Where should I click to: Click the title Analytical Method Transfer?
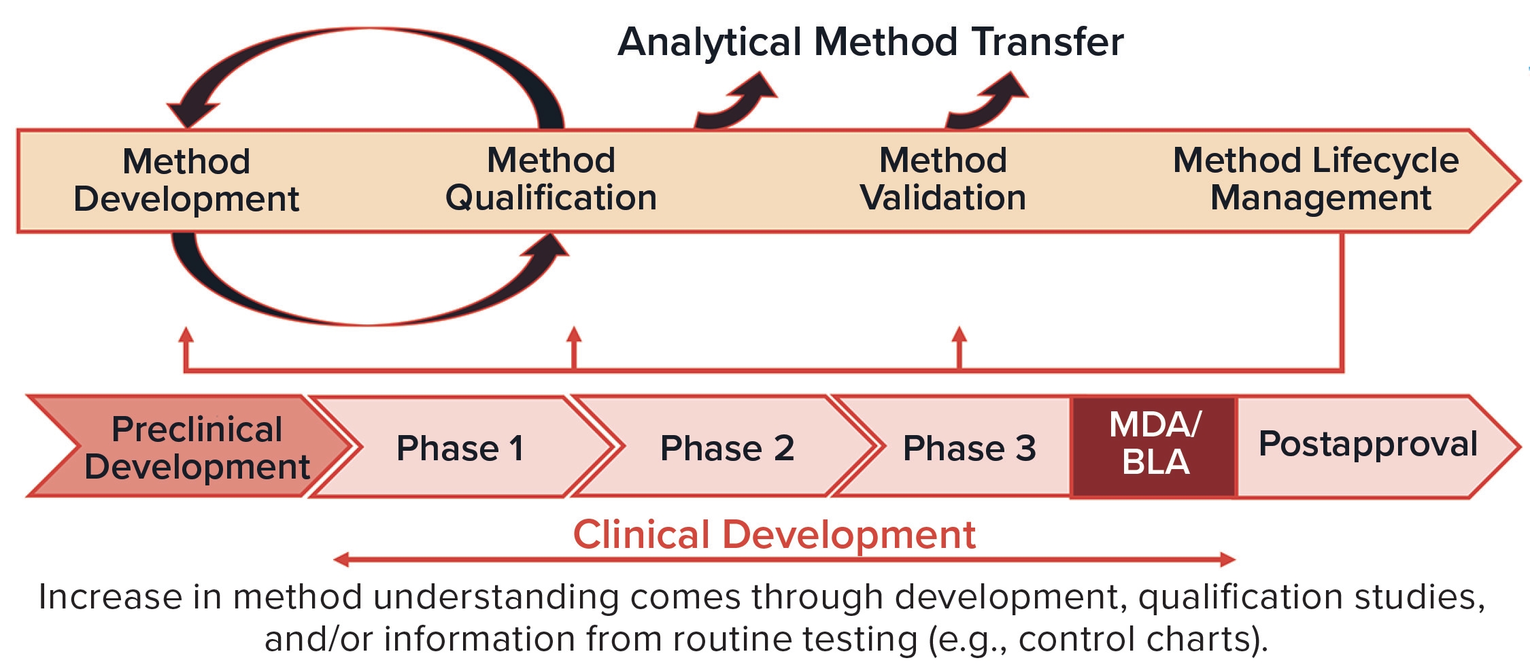pyautogui.click(x=870, y=42)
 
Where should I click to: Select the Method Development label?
pyautogui.click(x=186, y=180)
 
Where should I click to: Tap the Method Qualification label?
pyautogui.click(x=551, y=179)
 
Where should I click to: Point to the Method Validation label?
pyautogui.click(x=943, y=179)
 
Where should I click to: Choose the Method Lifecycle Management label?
pyautogui.click(x=1316, y=179)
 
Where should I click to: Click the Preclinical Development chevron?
pyautogui.click(x=190, y=447)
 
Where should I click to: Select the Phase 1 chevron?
pyautogui.click(x=462, y=447)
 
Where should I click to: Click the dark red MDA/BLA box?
pyautogui.click(x=1154, y=447)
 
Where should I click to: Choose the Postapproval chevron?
pyautogui.click(x=1374, y=447)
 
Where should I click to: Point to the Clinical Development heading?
pyautogui.click(x=774, y=534)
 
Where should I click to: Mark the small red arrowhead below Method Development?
pyautogui.click(x=186, y=334)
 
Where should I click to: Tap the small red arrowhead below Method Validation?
pyautogui.click(x=959, y=334)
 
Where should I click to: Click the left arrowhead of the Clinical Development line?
pyautogui.click(x=341, y=560)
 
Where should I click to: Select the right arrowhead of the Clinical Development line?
pyautogui.click(x=1228, y=560)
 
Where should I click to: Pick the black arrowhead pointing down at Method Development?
pyautogui.click(x=192, y=113)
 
